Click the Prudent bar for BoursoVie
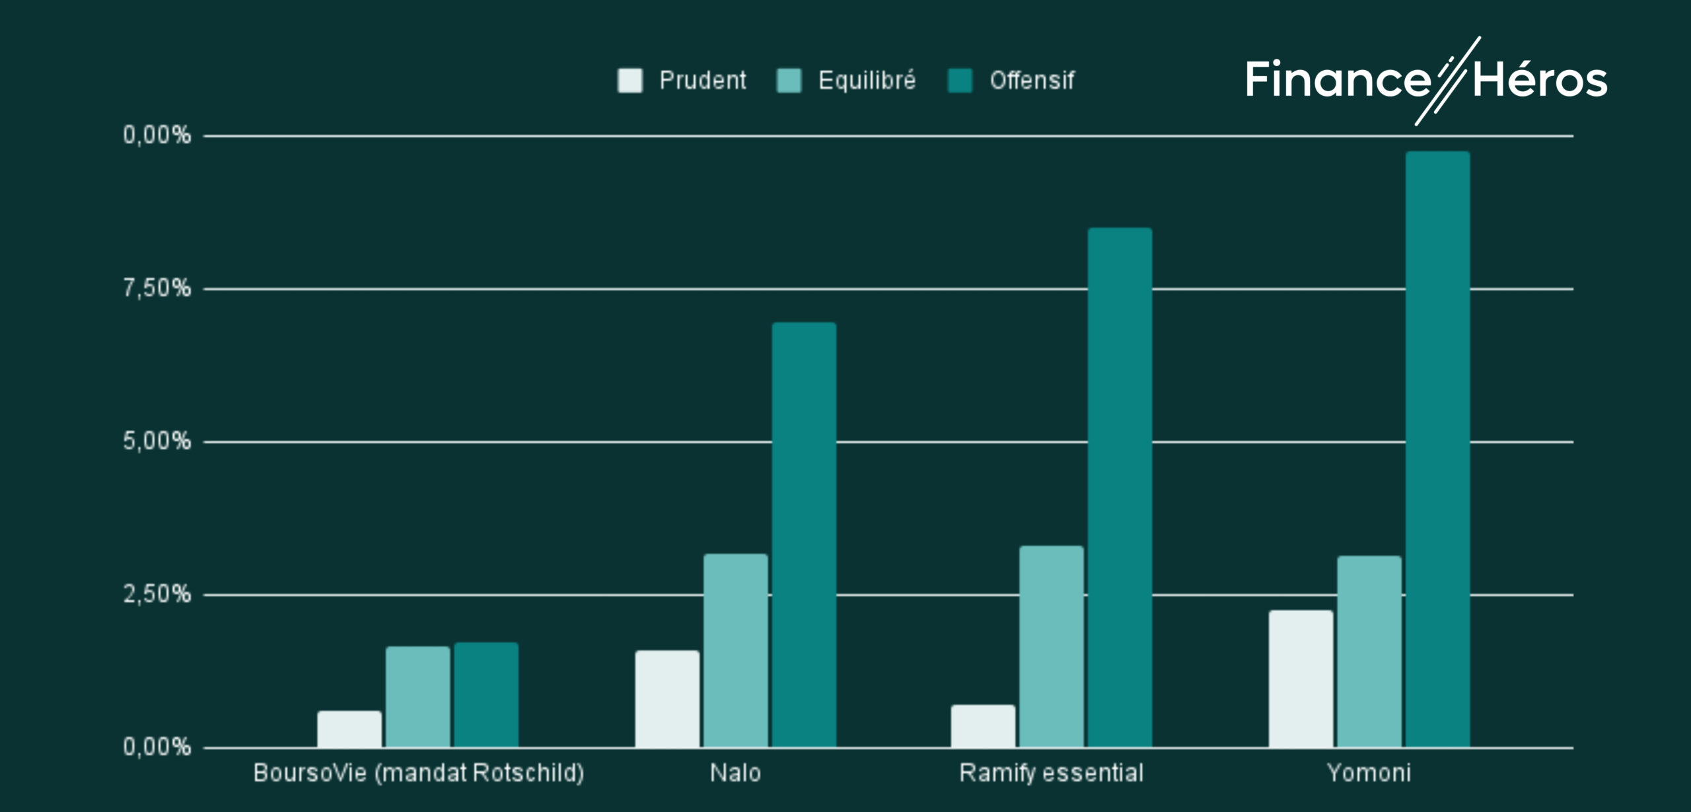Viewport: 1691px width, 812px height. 349,729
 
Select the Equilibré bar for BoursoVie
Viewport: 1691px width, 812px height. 418,697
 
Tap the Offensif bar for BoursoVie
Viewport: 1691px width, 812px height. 486,695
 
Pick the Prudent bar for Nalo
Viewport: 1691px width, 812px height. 667,699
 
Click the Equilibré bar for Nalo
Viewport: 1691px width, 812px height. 736,651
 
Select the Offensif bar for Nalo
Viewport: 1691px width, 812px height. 804,535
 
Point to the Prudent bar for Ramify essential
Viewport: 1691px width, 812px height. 983,726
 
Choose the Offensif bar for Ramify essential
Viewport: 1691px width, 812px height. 1120,488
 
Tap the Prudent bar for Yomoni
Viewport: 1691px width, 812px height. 1301,679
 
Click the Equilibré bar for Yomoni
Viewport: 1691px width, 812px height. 1369,652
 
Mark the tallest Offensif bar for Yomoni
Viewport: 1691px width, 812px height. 1437,449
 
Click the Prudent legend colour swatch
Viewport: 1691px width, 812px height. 630,81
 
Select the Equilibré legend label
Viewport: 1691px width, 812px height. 867,81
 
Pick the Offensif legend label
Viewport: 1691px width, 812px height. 1032,81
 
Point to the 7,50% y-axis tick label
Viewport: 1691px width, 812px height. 157,288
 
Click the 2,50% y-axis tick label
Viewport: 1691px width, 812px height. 157,594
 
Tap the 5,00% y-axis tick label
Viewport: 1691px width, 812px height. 157,441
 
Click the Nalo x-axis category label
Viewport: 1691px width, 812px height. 735,772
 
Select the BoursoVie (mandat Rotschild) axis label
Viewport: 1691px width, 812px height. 418,772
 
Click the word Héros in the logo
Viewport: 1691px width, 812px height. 1540,81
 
